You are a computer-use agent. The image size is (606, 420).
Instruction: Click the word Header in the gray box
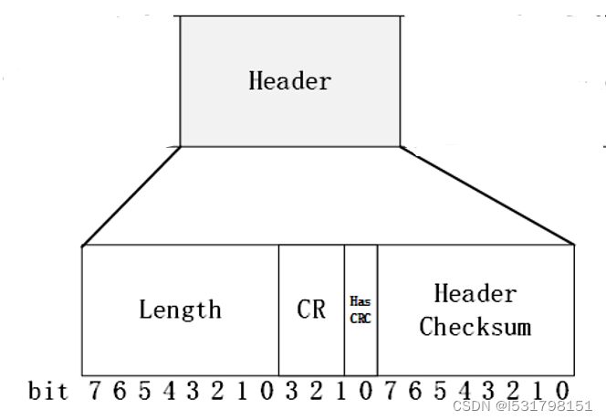pos(289,80)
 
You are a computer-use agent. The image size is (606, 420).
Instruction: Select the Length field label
pos(180,309)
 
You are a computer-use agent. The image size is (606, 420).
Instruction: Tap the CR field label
pos(311,309)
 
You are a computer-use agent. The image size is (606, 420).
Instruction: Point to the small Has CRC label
pos(360,310)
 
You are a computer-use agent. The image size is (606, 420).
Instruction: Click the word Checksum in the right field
pos(475,327)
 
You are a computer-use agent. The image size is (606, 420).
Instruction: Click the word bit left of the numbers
pos(48,392)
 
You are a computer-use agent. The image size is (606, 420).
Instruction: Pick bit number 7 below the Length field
pos(94,391)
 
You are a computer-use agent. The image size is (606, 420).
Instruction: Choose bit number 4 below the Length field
pos(167,391)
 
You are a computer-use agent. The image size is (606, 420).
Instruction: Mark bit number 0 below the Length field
pos(266,391)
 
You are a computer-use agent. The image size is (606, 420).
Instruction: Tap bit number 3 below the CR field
pos(291,391)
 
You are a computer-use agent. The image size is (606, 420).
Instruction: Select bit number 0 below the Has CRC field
pos(365,391)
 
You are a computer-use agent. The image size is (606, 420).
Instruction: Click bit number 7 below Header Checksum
pos(391,391)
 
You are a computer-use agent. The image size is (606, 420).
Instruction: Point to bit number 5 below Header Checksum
pos(440,391)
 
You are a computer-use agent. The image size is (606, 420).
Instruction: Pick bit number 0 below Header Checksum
pos(563,391)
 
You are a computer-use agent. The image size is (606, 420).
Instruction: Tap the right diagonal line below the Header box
pos(486,195)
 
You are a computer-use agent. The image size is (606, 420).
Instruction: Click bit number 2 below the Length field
pos(216,391)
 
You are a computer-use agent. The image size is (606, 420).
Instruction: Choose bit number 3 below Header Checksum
pos(489,391)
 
